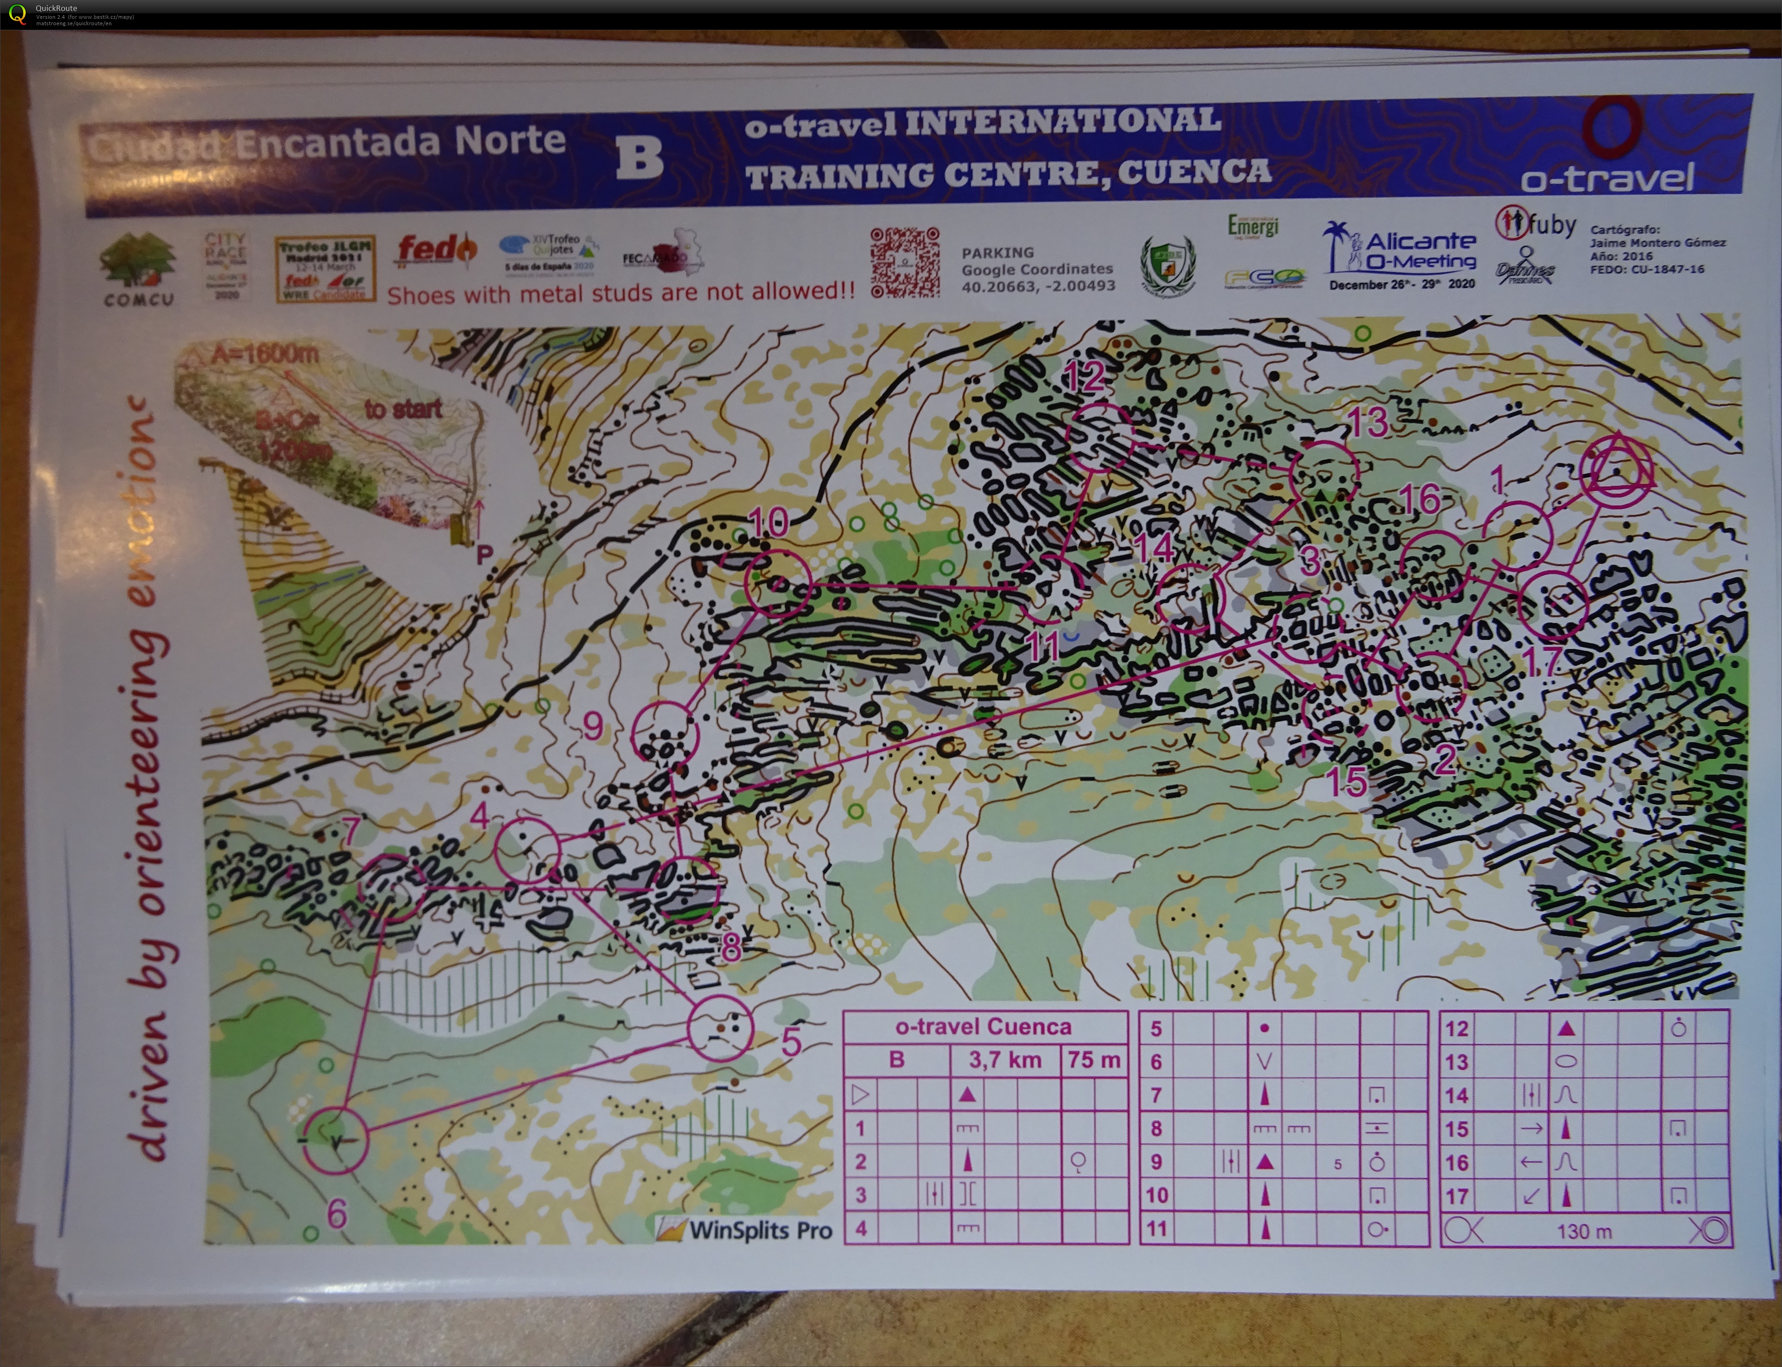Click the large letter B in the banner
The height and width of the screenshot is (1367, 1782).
click(639, 158)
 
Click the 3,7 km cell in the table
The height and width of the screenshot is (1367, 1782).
click(1005, 1060)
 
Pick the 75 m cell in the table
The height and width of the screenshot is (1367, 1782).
click(1094, 1060)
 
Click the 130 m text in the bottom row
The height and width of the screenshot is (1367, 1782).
click(1584, 1231)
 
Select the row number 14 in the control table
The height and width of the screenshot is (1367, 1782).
click(1456, 1095)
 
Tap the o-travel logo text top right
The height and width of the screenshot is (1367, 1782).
click(1607, 177)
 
